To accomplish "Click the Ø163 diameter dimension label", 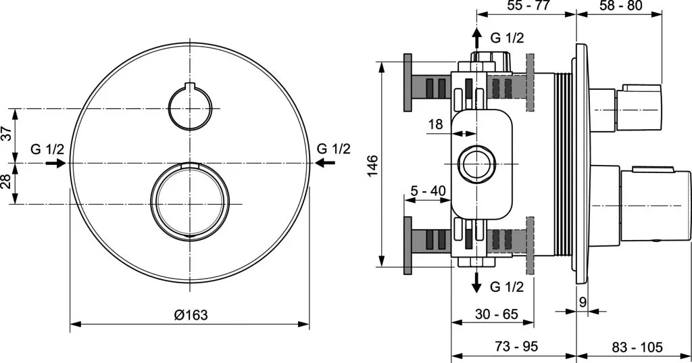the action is (191, 315).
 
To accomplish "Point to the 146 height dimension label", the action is (373, 165).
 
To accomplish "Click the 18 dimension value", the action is (436, 124).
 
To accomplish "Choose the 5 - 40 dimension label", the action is (428, 191).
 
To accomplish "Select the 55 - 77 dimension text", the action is (528, 5).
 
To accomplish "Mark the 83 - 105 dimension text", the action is (637, 347).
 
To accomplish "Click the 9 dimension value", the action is (583, 303).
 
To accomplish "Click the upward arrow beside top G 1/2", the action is (476, 39).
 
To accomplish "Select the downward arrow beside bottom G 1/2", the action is (476, 282).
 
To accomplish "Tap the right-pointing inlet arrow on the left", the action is (56, 164).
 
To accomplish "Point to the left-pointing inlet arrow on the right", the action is (325, 163).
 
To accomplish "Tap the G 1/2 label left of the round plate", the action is (47, 149).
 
